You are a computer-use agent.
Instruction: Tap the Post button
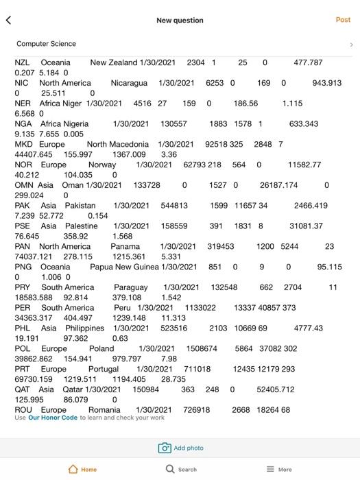(343, 20)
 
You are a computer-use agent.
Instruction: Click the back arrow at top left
(9, 21)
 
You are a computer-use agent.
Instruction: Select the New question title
(180, 21)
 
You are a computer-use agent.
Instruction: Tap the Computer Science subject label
(47, 44)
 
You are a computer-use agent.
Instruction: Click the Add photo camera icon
(165, 448)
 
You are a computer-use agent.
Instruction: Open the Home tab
(83, 469)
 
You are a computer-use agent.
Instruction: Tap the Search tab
(181, 469)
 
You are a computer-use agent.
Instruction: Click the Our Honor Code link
(53, 418)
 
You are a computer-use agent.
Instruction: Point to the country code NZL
(23, 62)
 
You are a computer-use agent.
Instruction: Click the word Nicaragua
(129, 83)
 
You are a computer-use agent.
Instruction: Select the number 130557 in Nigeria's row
(173, 124)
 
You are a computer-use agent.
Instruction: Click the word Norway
(102, 165)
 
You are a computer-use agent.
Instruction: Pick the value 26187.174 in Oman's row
(278, 185)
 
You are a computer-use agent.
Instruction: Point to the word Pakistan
(80, 206)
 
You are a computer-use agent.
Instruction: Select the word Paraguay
(130, 287)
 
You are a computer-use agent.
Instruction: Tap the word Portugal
(104, 369)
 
